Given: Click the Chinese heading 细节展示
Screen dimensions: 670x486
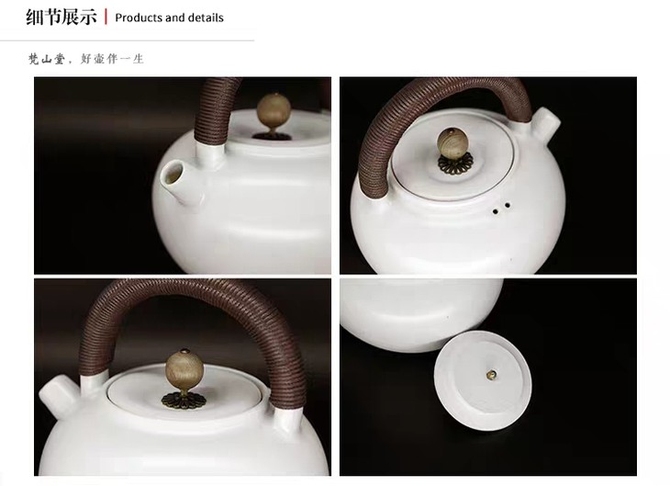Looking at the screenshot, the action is click(x=61, y=17).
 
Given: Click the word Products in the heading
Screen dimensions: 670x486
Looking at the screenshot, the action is click(x=139, y=18).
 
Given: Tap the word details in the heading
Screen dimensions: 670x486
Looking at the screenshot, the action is click(x=206, y=18).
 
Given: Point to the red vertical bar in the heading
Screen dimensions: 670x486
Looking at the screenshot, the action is click(x=106, y=17).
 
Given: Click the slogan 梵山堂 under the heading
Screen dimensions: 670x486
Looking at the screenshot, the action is click(x=46, y=59).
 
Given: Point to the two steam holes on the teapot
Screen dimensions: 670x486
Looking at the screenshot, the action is click(x=501, y=208).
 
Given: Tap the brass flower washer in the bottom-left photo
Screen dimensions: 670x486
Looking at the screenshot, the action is click(x=184, y=400).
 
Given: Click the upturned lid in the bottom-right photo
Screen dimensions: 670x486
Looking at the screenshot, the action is click(x=483, y=380).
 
